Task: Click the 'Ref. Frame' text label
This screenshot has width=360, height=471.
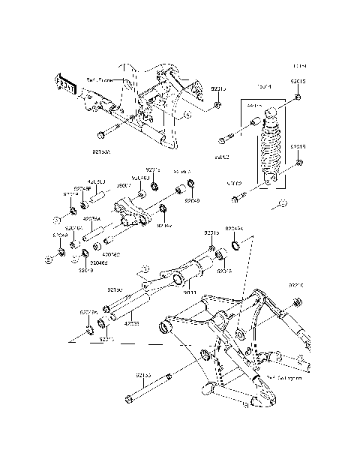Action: click(x=98, y=79)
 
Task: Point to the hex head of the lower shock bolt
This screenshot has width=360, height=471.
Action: click(x=235, y=198)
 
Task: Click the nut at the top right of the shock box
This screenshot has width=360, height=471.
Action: click(x=298, y=98)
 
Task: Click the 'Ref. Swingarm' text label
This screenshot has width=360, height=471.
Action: click(x=284, y=379)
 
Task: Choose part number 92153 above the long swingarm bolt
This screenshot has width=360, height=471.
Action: click(x=143, y=373)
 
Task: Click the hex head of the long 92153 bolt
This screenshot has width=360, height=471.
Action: click(x=133, y=398)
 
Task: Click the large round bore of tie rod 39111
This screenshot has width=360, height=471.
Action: click(x=179, y=280)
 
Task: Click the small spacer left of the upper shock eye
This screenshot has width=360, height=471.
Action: click(x=253, y=121)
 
